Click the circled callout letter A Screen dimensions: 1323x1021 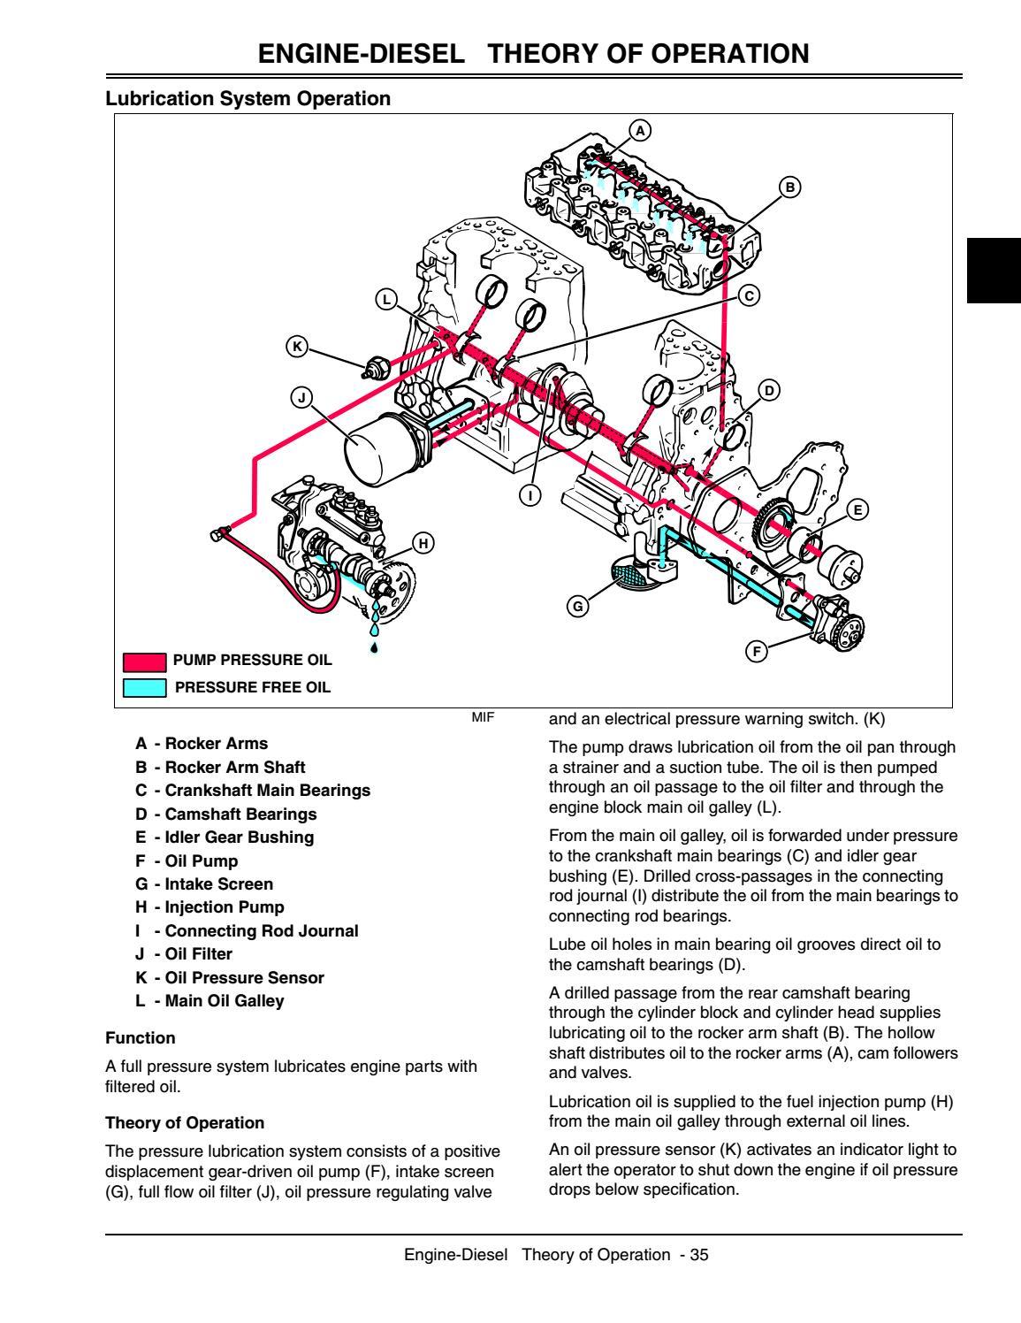[639, 130]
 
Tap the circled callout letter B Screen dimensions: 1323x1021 [790, 187]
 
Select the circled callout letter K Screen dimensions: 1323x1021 [298, 348]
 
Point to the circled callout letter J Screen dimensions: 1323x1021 [301, 398]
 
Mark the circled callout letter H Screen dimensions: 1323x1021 [423, 543]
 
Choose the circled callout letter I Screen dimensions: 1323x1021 [530, 496]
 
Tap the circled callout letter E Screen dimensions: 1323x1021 [856, 509]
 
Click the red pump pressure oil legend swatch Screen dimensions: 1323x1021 [143, 661]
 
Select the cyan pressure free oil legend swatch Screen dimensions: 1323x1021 [143, 687]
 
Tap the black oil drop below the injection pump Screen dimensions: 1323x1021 [375, 648]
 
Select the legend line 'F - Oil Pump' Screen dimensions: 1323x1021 [187, 860]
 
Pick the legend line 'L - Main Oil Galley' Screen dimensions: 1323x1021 [210, 1001]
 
